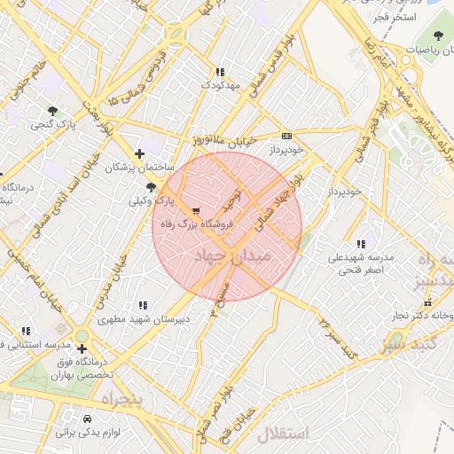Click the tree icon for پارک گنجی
click(x=54, y=111)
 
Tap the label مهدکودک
click(x=220, y=85)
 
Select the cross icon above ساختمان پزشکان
click(x=139, y=153)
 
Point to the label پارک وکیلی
click(x=150, y=201)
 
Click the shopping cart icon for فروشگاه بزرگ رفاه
click(x=195, y=211)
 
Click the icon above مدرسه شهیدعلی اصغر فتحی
click(x=360, y=244)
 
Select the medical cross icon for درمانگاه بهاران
click(x=82, y=348)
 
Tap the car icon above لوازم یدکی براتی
click(x=87, y=419)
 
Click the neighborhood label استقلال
click(x=281, y=434)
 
